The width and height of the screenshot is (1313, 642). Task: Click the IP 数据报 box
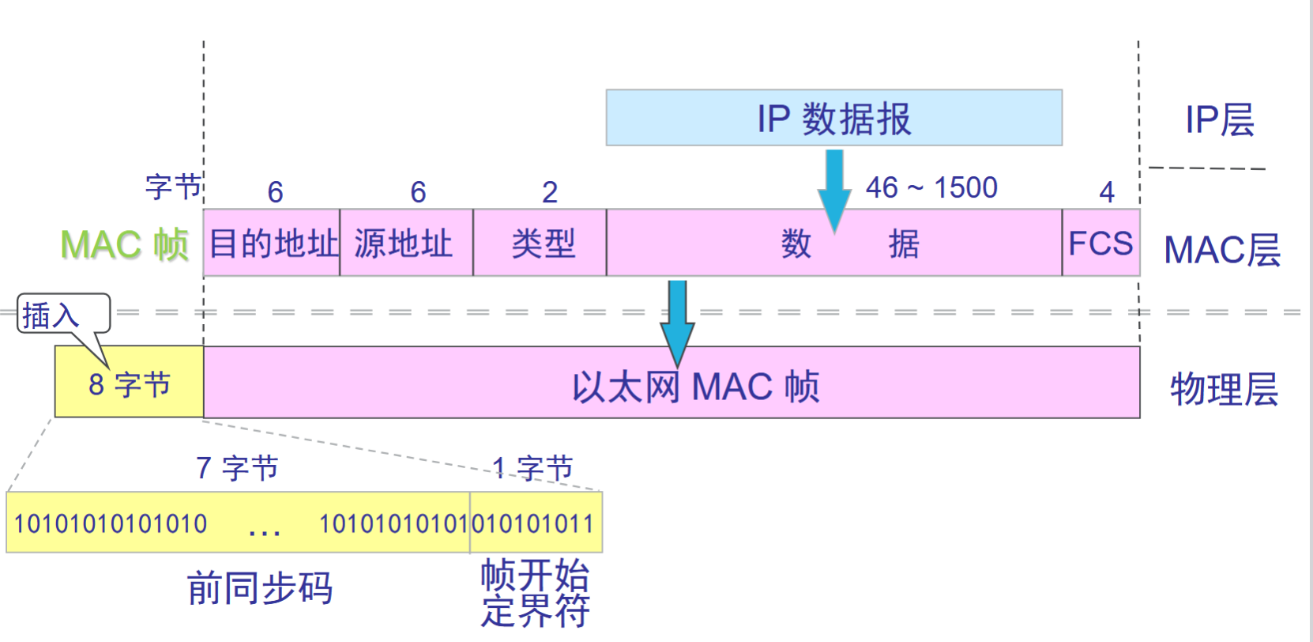tap(833, 118)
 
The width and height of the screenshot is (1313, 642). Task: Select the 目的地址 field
tap(272, 243)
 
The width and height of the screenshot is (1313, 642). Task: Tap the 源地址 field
tap(406, 243)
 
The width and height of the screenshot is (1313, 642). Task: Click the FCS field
tap(1100, 243)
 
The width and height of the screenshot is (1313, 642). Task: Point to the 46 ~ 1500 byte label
tap(931, 187)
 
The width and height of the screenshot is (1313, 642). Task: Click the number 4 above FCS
tap(1106, 192)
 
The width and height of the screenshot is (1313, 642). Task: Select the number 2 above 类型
tap(550, 192)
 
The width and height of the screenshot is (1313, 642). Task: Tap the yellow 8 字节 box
tap(129, 383)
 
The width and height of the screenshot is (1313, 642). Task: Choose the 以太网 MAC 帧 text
tap(695, 387)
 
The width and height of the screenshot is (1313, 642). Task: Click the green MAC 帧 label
tap(124, 244)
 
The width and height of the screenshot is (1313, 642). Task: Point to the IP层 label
tap(1219, 120)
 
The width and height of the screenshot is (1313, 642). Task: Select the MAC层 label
tap(1221, 251)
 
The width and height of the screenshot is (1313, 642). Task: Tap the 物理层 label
tap(1224, 389)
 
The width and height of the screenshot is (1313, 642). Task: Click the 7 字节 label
tap(237, 468)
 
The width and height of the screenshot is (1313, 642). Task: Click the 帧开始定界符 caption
tap(535, 593)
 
